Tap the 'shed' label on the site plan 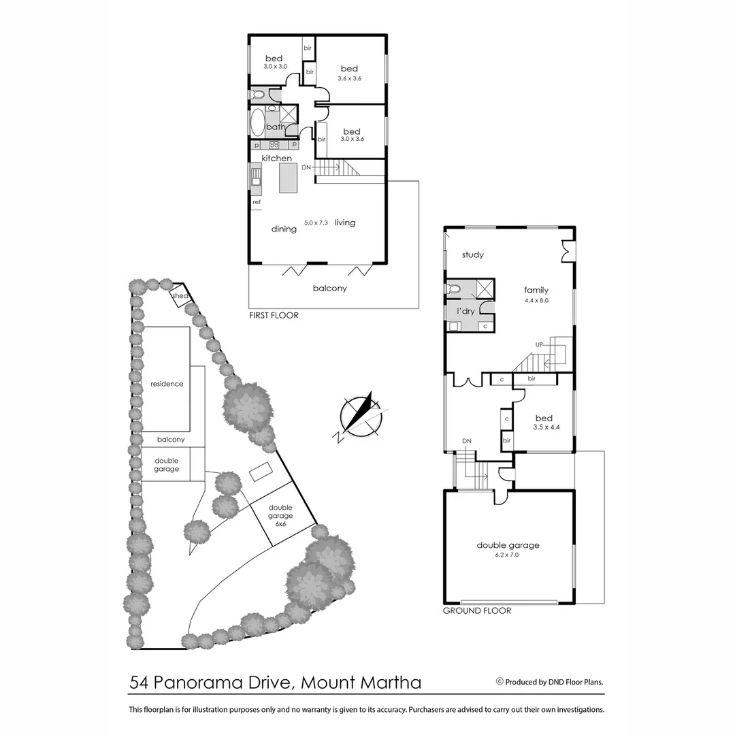pyautogui.click(x=180, y=296)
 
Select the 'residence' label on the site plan pyautogui.click(x=167, y=384)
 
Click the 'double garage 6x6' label pyautogui.click(x=280, y=516)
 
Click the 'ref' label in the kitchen pyautogui.click(x=257, y=202)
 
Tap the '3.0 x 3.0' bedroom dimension pyautogui.click(x=276, y=66)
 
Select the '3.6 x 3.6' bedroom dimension pyautogui.click(x=349, y=78)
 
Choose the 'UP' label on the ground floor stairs pyautogui.click(x=539, y=344)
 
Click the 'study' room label pyautogui.click(x=472, y=255)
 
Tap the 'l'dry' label pyautogui.click(x=465, y=311)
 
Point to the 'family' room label pyautogui.click(x=536, y=290)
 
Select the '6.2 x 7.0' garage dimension pyautogui.click(x=508, y=555)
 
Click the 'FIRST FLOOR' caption pyautogui.click(x=274, y=316)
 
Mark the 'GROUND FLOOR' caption pyautogui.click(x=476, y=611)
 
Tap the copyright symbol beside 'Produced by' pyautogui.click(x=500, y=681)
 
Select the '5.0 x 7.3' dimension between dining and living pyautogui.click(x=316, y=223)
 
